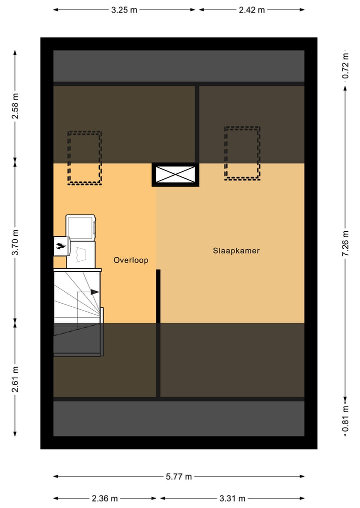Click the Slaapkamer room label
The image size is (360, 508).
(236, 251)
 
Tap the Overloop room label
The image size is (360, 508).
(130, 260)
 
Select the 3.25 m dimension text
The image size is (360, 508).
(124, 9)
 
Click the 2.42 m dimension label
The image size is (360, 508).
(251, 9)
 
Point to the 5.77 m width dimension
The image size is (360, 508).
(178, 477)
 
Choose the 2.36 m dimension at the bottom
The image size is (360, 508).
(105, 498)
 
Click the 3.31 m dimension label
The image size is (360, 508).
(232, 498)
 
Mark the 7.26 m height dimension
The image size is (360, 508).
(345, 243)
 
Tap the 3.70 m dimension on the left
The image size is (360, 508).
(15, 243)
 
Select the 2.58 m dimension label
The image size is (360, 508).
(15, 106)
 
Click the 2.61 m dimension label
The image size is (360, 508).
(15, 379)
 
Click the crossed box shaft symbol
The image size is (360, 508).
(175, 174)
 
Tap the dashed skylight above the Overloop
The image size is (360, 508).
(84, 157)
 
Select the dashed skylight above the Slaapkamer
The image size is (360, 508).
(242, 153)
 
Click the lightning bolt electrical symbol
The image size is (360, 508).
(60, 245)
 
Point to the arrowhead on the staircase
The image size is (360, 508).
(94, 292)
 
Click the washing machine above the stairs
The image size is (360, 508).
(80, 227)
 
